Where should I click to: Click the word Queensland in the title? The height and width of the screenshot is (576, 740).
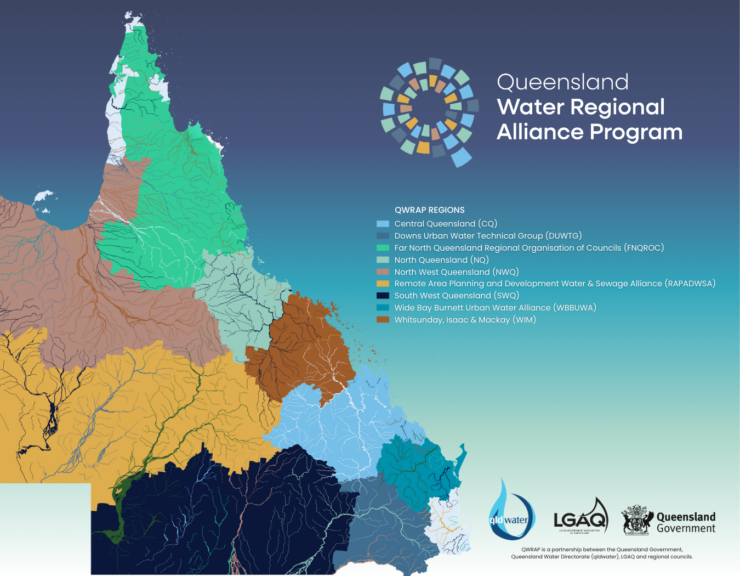tap(562, 82)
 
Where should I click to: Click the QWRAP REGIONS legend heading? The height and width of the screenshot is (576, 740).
tap(429, 210)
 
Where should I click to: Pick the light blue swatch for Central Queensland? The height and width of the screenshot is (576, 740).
tap(383, 224)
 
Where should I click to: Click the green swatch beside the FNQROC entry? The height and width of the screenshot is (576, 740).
tap(383, 248)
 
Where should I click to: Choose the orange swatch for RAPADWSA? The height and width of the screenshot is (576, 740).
tap(383, 284)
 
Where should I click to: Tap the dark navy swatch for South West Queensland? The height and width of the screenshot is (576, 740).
tap(383, 296)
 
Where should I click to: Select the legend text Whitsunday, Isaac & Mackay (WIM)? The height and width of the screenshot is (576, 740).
tap(465, 320)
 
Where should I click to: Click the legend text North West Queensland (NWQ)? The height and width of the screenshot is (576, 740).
tap(456, 272)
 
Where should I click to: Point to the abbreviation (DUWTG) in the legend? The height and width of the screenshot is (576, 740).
tap(563, 236)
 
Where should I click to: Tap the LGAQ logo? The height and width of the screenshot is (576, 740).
tap(580, 517)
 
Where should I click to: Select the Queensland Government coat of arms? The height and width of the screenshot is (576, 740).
tap(637, 520)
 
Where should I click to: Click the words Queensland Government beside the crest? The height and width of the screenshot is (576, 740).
tap(686, 522)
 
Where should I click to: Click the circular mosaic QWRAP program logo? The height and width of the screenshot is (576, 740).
tap(429, 112)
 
